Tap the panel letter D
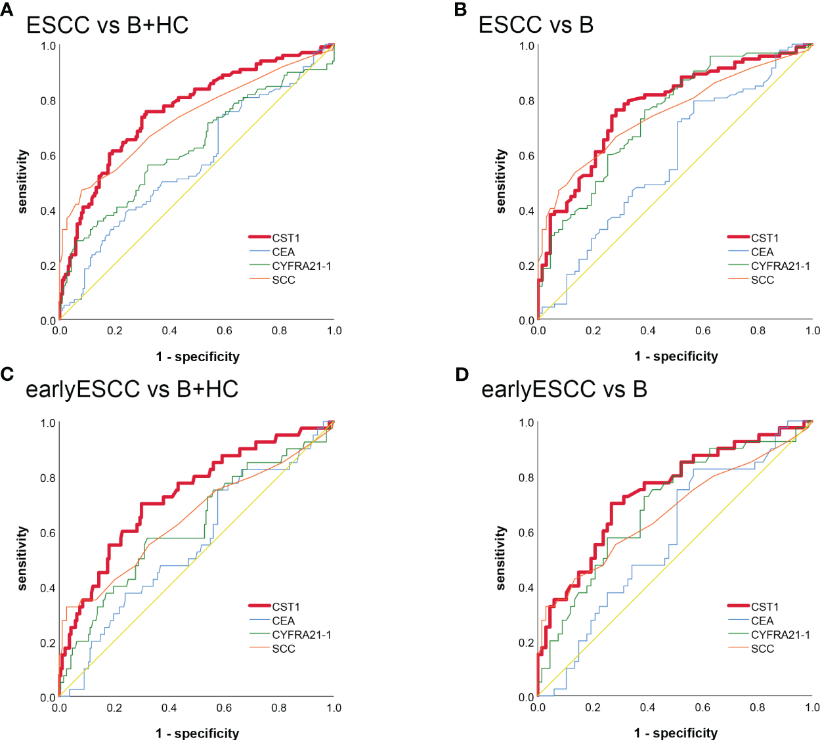pos(462,374)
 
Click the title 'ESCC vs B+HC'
pos(107,25)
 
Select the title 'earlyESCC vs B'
pos(564,389)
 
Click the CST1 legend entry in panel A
pos(286,238)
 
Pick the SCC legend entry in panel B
pos(762,280)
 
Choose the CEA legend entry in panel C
pos(283,620)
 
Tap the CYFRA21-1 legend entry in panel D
pos(780,635)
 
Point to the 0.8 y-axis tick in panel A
pos(49,101)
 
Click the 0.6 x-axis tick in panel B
pos(703,331)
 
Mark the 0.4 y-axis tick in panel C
pos(49,588)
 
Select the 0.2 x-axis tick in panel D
pos(593,708)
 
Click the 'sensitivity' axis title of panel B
pos(502,181)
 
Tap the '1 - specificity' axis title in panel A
pos(198,357)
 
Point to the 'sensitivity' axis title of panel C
pos(23,558)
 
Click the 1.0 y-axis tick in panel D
pos(527,423)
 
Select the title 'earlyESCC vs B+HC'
pos(131,389)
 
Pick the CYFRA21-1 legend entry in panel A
pos(301,266)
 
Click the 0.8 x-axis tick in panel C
pos(279,708)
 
